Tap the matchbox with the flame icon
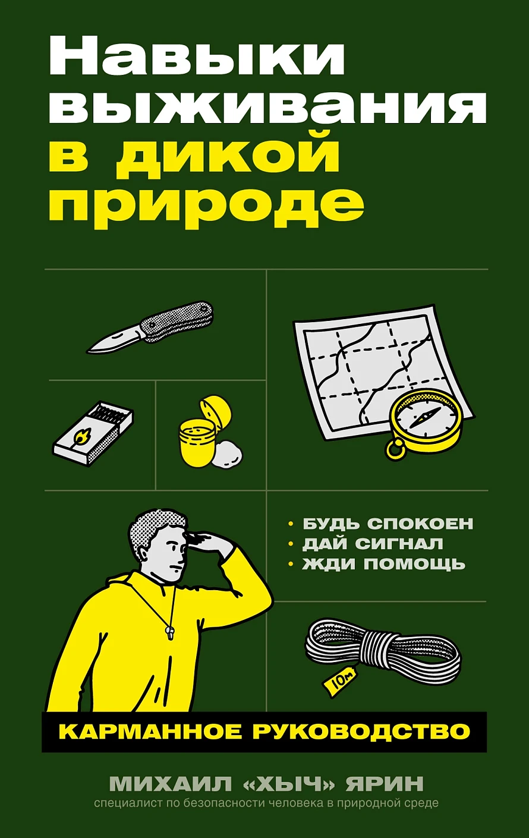point(92,433)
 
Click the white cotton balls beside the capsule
point(228,455)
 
